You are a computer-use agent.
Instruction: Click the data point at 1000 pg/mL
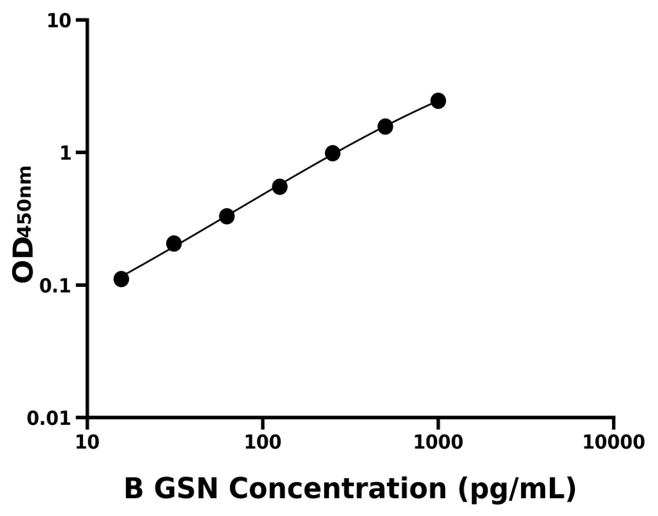(438, 101)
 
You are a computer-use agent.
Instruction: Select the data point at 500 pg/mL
(385, 127)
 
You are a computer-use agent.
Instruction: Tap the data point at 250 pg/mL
(332, 153)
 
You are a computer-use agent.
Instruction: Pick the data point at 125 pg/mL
(280, 186)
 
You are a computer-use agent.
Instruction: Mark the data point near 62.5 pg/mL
(227, 216)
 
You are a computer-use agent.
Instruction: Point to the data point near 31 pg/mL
(173, 243)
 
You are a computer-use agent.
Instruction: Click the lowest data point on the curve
(121, 279)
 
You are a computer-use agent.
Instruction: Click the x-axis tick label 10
(87, 443)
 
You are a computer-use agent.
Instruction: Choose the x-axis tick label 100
(262, 443)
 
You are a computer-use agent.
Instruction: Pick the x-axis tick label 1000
(438, 443)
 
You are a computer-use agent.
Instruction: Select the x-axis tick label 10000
(614, 443)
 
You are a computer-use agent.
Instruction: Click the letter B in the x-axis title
(134, 489)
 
